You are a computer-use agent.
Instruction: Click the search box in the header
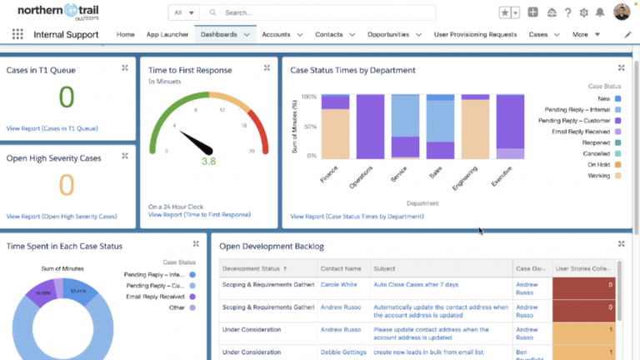click(325, 12)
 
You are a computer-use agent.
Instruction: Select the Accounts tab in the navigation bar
click(276, 34)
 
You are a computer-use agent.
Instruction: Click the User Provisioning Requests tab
click(475, 34)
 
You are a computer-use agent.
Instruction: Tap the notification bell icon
click(600, 12)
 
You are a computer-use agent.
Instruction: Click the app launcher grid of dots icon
click(17, 34)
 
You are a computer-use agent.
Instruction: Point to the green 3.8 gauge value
click(208, 161)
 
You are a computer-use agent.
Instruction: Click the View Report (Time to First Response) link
click(199, 214)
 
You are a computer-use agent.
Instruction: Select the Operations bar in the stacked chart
click(370, 125)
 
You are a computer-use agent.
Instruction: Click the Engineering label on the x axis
click(464, 177)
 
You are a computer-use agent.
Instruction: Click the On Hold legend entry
click(598, 164)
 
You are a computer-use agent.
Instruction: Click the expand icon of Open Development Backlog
click(622, 244)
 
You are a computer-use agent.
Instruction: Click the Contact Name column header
click(342, 268)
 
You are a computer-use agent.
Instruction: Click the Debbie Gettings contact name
click(344, 352)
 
